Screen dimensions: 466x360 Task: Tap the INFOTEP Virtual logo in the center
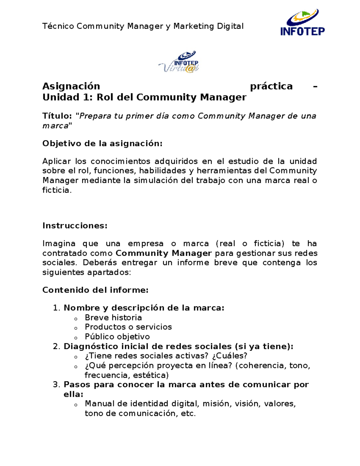click(x=179, y=62)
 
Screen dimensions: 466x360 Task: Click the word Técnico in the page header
click(x=58, y=26)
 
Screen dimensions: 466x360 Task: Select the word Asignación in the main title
click(x=71, y=86)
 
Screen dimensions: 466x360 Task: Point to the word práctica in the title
click(x=271, y=86)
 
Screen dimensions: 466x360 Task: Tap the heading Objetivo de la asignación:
click(x=102, y=143)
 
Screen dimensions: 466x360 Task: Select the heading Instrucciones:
click(x=75, y=226)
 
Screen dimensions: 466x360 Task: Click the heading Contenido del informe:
click(x=95, y=290)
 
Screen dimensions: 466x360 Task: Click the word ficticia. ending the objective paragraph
click(x=57, y=190)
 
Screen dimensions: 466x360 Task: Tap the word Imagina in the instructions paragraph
click(x=59, y=243)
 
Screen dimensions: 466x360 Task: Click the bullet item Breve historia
click(x=113, y=317)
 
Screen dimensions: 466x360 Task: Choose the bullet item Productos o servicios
click(x=128, y=327)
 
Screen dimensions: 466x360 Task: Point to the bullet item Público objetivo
click(x=117, y=337)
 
